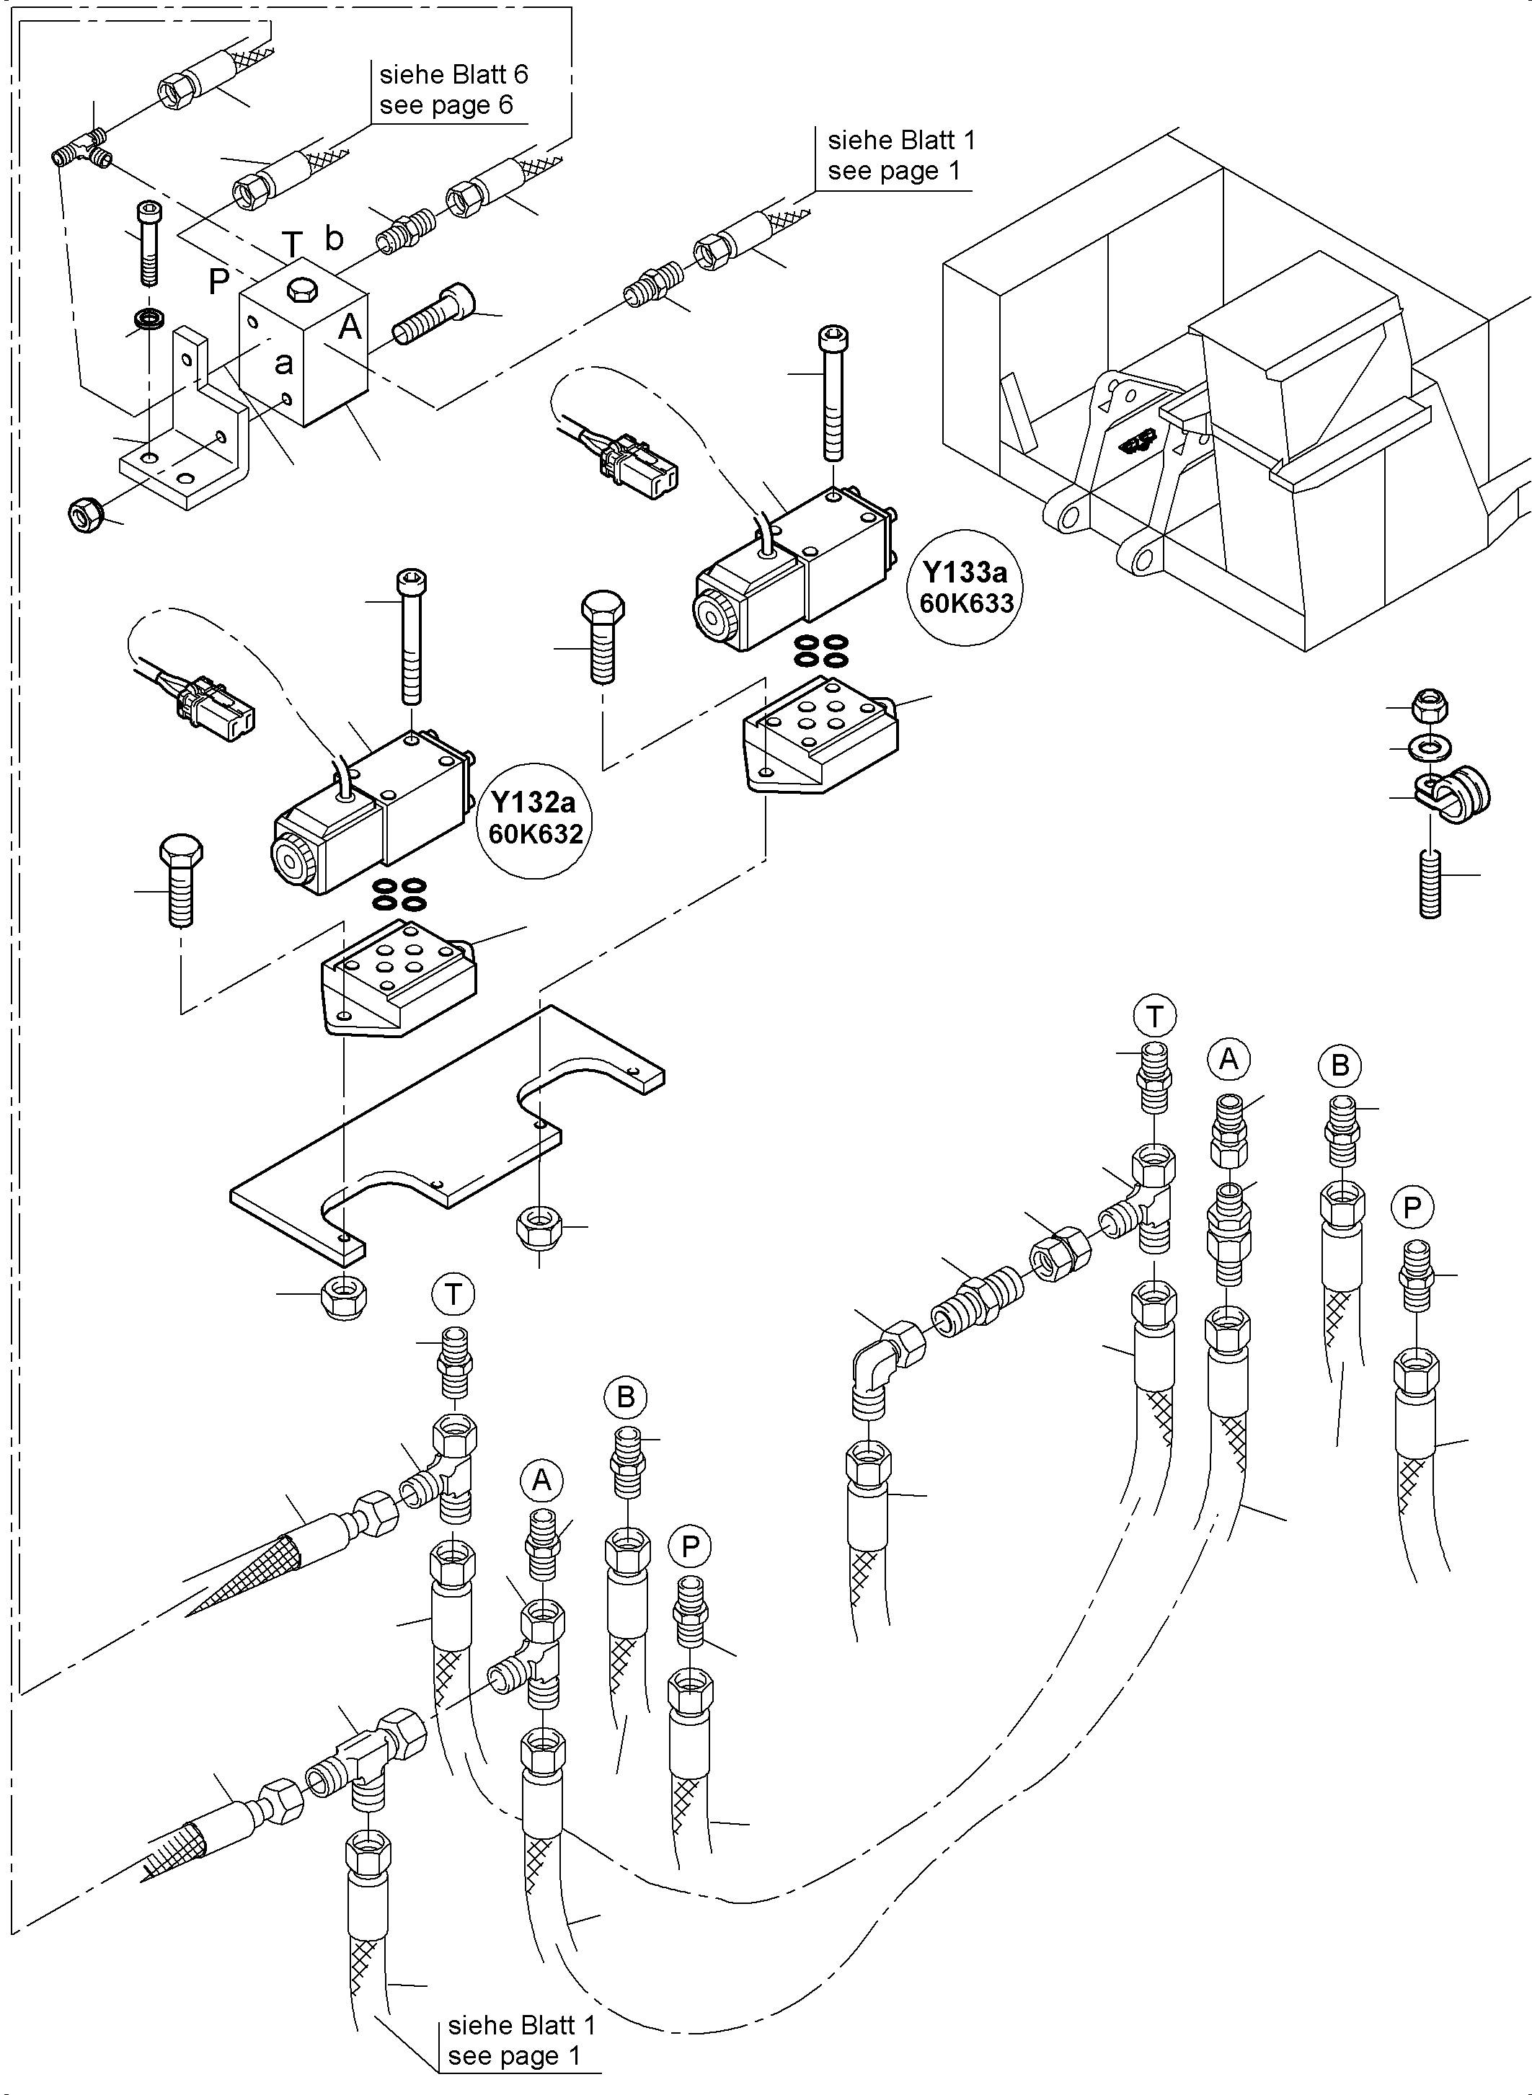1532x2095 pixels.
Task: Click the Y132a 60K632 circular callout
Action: [536, 817]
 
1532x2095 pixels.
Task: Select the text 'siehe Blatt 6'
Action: [453, 74]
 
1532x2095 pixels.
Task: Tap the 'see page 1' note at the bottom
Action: [514, 2056]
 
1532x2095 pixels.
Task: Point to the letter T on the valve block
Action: [292, 245]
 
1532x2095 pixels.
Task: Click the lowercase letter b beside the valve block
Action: [334, 239]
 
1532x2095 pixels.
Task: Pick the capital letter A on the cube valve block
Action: [350, 327]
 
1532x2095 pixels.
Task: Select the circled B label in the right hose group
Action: [1339, 1066]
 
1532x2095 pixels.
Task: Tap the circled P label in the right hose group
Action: [1412, 1208]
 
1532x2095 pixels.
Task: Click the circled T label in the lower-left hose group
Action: [453, 1295]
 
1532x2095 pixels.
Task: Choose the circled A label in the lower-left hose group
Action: [541, 1480]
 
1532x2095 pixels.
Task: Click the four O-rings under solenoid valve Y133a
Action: [822, 650]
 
